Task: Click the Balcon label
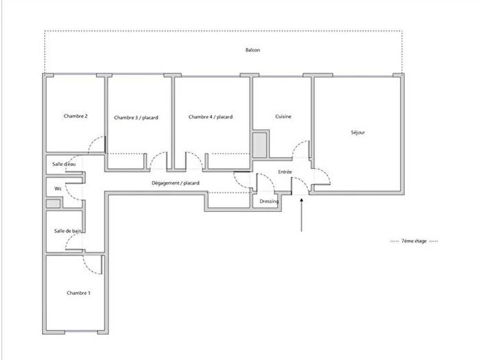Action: [253, 51]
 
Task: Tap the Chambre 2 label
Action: [75, 116]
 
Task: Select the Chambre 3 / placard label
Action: [136, 117]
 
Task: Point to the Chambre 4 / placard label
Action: [210, 117]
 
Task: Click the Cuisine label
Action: [283, 117]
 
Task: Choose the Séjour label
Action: [357, 132]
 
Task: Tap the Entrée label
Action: [285, 171]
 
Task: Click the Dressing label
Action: [269, 202]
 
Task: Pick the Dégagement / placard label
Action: [176, 183]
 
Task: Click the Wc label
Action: [59, 188]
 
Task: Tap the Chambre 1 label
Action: [78, 293]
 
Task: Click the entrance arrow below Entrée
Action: [302, 215]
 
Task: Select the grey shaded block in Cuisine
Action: [260, 146]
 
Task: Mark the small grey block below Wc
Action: [53, 204]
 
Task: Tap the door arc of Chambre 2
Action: [97, 145]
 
